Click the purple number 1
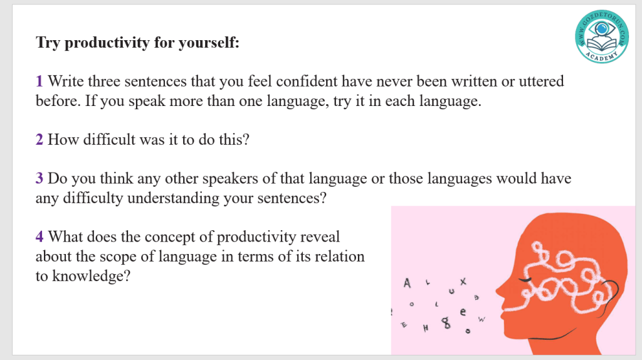coord(39,81)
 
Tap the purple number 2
coord(39,140)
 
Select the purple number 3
coord(39,179)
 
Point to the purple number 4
coord(39,236)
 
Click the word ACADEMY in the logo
coord(601,56)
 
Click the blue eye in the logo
coord(601,29)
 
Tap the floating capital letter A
coord(406,283)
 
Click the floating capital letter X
coord(463,282)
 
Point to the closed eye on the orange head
coord(525,280)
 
